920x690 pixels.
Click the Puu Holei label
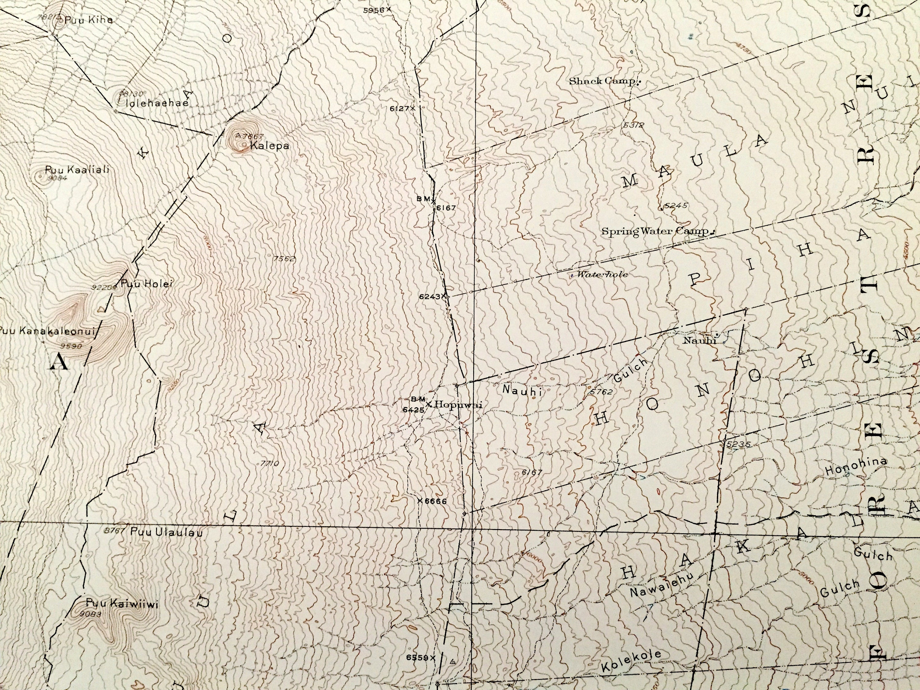146,284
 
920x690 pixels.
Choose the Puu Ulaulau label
166,532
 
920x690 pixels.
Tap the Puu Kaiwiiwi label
122,604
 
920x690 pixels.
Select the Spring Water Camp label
655,231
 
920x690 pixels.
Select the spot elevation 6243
430,297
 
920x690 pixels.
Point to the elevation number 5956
374,10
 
